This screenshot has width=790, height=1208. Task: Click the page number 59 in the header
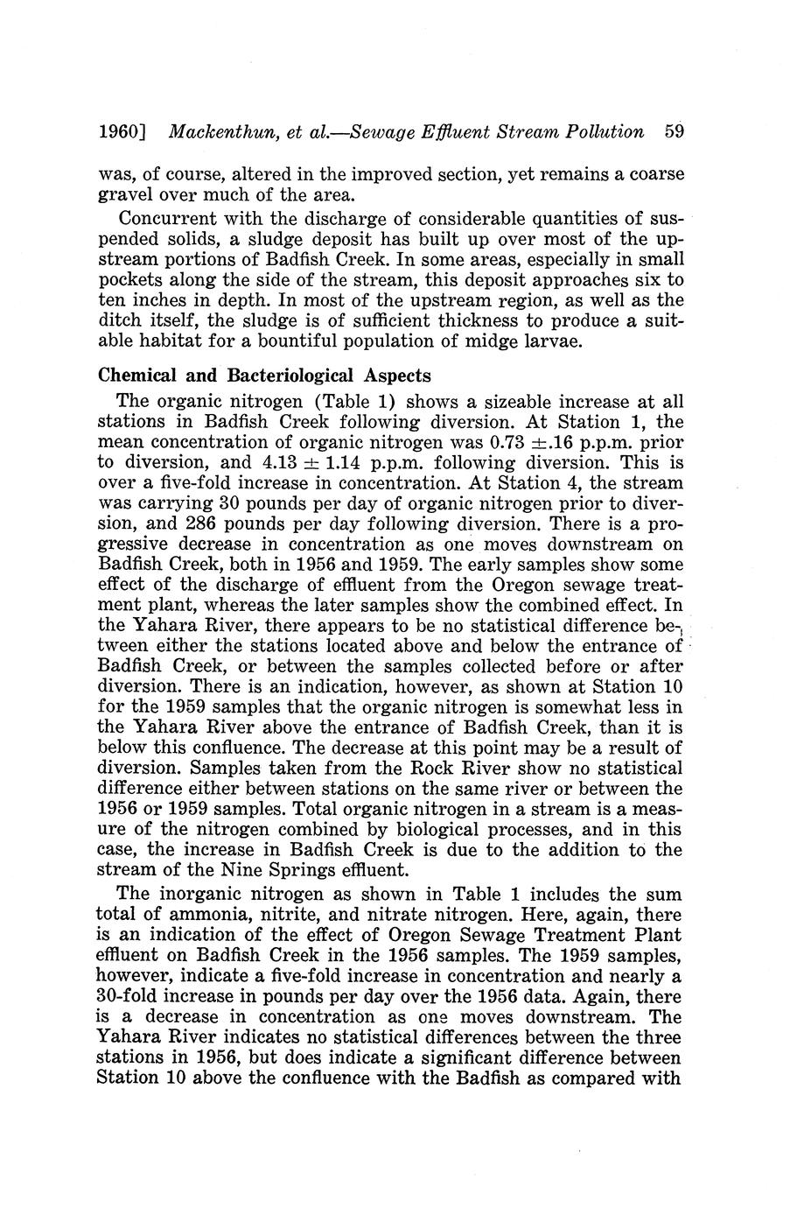pyautogui.click(x=673, y=133)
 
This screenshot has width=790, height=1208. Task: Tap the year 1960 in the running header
pyautogui.click(x=120, y=133)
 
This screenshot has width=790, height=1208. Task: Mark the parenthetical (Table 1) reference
pyautogui.click(x=353, y=402)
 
